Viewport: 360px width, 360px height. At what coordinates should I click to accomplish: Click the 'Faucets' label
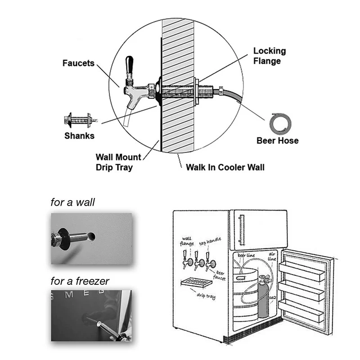pos(78,63)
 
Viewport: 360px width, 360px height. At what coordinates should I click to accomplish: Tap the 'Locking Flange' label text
pos(270,56)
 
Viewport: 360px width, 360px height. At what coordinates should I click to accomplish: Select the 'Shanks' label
pos(80,136)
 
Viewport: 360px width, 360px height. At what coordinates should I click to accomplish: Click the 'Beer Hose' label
pos(278,140)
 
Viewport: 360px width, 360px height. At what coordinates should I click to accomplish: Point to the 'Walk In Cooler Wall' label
pos(225,167)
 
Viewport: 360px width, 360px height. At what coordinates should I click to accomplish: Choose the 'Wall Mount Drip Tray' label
pos(118,162)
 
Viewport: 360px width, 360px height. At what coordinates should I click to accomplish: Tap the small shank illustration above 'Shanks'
pos(81,120)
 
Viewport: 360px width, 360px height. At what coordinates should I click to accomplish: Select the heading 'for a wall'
pos(72,202)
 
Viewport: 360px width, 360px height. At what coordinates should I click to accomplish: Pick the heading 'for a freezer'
pos(80,281)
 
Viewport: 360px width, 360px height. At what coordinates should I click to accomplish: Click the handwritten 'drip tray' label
pos(206,296)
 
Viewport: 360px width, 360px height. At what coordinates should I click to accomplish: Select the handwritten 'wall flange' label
pos(187,241)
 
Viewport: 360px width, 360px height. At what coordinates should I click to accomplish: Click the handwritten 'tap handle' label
pos(210,241)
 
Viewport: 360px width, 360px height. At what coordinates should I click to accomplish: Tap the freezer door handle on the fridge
pos(241,230)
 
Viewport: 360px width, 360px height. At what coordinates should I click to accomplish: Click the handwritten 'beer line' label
pos(246,255)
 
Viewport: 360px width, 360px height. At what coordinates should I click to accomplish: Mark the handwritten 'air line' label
pos(272,256)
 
